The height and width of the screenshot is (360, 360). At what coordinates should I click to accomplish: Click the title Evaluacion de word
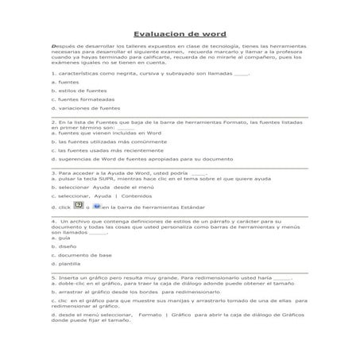(180, 34)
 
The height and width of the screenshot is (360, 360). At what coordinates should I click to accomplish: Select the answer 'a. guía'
(61, 238)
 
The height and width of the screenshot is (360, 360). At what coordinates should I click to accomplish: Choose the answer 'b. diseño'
(64, 246)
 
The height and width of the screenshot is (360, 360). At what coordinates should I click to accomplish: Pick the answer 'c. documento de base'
(80, 255)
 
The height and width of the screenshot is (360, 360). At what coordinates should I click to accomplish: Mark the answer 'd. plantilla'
(67, 264)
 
